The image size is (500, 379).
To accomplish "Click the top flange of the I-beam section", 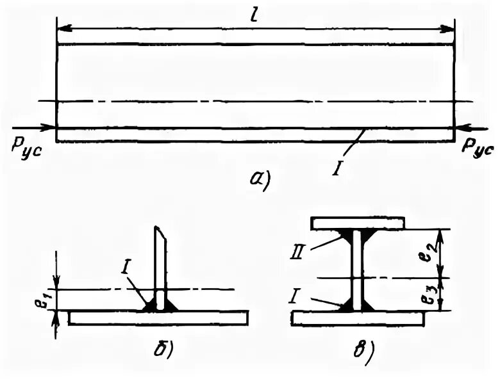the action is pyautogui.click(x=357, y=223).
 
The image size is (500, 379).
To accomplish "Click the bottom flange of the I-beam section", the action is pyautogui.click(x=357, y=318).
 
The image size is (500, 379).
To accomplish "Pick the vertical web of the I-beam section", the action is pyautogui.click(x=356, y=269).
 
